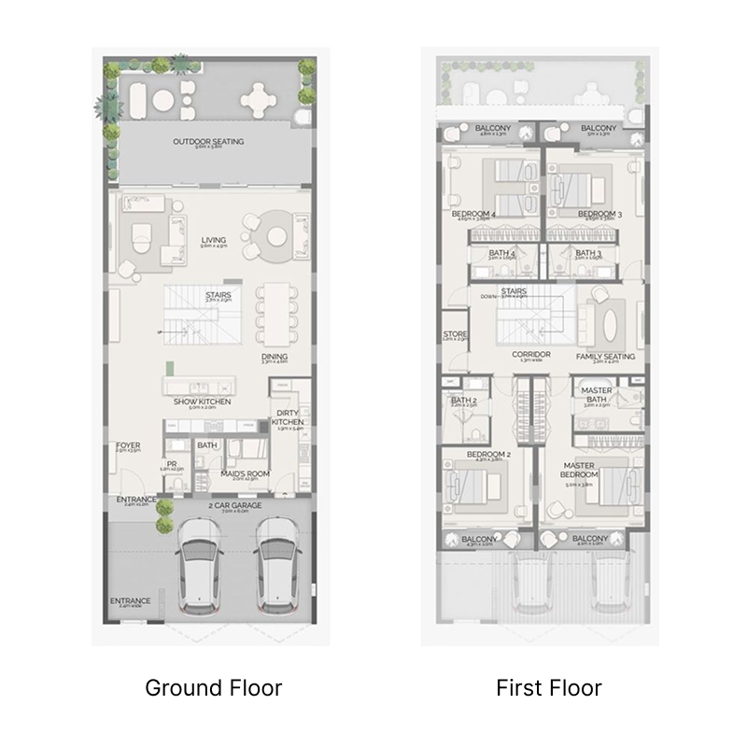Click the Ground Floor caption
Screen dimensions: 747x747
click(213, 688)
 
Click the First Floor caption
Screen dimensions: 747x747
click(548, 688)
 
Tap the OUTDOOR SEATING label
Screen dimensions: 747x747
click(208, 142)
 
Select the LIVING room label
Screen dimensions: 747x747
click(214, 241)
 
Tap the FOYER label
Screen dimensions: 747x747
click(128, 446)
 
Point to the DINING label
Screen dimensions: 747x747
click(275, 357)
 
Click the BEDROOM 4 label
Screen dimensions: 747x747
click(473, 214)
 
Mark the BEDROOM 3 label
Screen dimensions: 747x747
click(599, 214)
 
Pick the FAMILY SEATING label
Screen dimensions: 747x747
click(606, 357)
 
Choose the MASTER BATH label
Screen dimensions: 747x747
click(596, 396)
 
